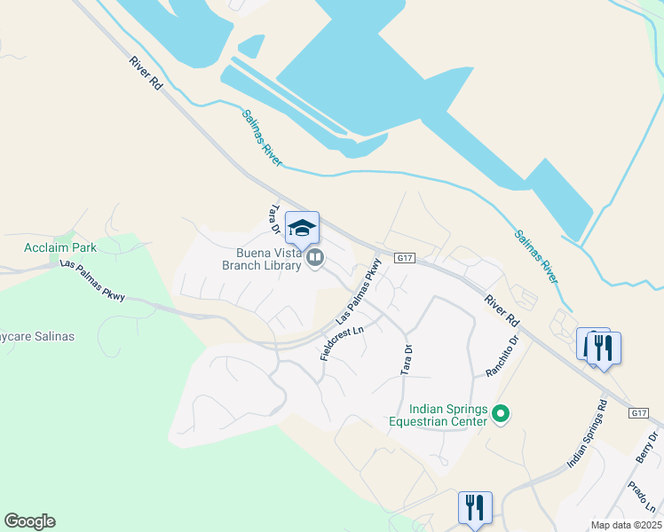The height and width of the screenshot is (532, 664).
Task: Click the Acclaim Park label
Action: coord(60,247)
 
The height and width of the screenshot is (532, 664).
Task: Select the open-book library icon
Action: coord(315,258)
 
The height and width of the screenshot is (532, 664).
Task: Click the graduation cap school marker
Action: coord(303,229)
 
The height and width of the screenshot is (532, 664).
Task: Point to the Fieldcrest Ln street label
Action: coord(343,343)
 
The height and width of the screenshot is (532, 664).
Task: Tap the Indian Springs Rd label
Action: coord(588,434)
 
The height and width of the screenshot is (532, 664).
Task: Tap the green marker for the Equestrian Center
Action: coord(501,413)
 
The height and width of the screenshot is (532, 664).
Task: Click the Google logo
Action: coord(29,521)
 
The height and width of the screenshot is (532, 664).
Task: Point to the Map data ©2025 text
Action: coord(626,525)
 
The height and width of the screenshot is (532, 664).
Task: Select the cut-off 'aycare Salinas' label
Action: coord(37,337)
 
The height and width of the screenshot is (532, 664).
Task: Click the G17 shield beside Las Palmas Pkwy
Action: coord(405,258)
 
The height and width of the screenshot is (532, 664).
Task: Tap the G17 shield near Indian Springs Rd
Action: coord(639,413)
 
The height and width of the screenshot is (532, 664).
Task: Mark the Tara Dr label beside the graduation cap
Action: coord(275,219)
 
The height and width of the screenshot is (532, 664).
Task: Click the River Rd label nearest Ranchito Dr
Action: coord(502,309)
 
